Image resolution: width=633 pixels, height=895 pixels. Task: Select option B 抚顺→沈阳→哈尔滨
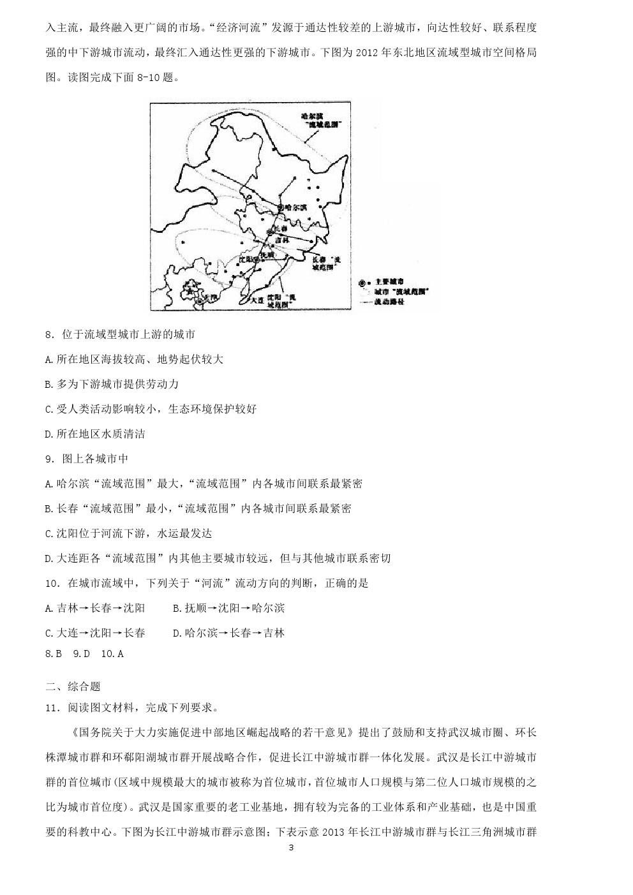pyautogui.click(x=228, y=608)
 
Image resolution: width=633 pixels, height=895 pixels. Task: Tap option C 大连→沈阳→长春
pyautogui.click(x=95, y=633)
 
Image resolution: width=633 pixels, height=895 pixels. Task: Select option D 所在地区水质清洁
pyautogui.click(x=95, y=434)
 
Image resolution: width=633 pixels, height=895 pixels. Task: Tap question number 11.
pyautogui.click(x=52, y=707)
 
